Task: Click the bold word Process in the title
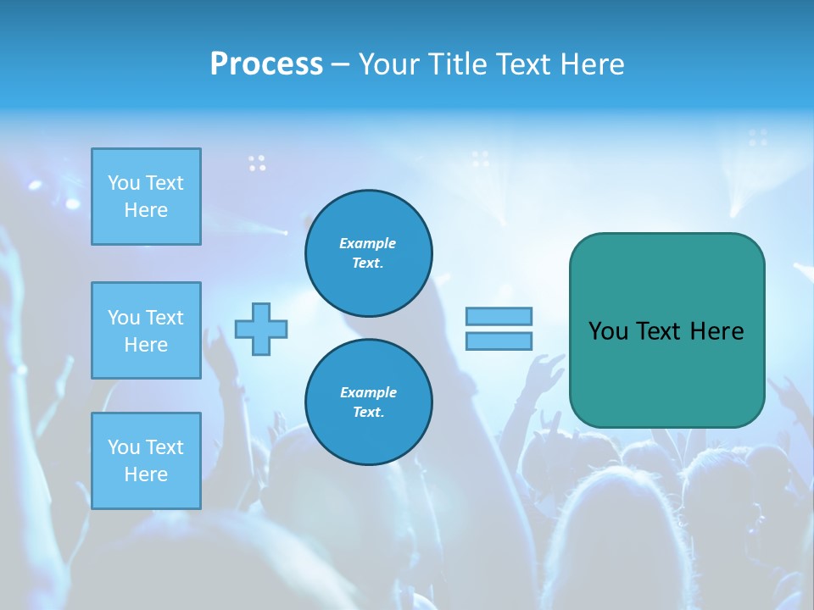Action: click(x=266, y=64)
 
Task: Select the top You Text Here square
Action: click(x=146, y=197)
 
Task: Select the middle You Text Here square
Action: click(x=146, y=330)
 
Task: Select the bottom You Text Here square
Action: click(x=146, y=461)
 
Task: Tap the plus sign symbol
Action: click(x=261, y=329)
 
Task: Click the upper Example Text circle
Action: click(x=368, y=252)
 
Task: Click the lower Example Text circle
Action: click(x=368, y=402)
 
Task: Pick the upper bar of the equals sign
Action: click(x=499, y=316)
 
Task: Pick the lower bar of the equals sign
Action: click(x=499, y=341)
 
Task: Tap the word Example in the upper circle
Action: click(x=368, y=243)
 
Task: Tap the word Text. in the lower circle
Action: click(x=368, y=413)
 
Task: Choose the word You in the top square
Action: click(x=125, y=183)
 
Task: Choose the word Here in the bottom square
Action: click(x=146, y=474)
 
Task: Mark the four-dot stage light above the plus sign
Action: click(x=257, y=163)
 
